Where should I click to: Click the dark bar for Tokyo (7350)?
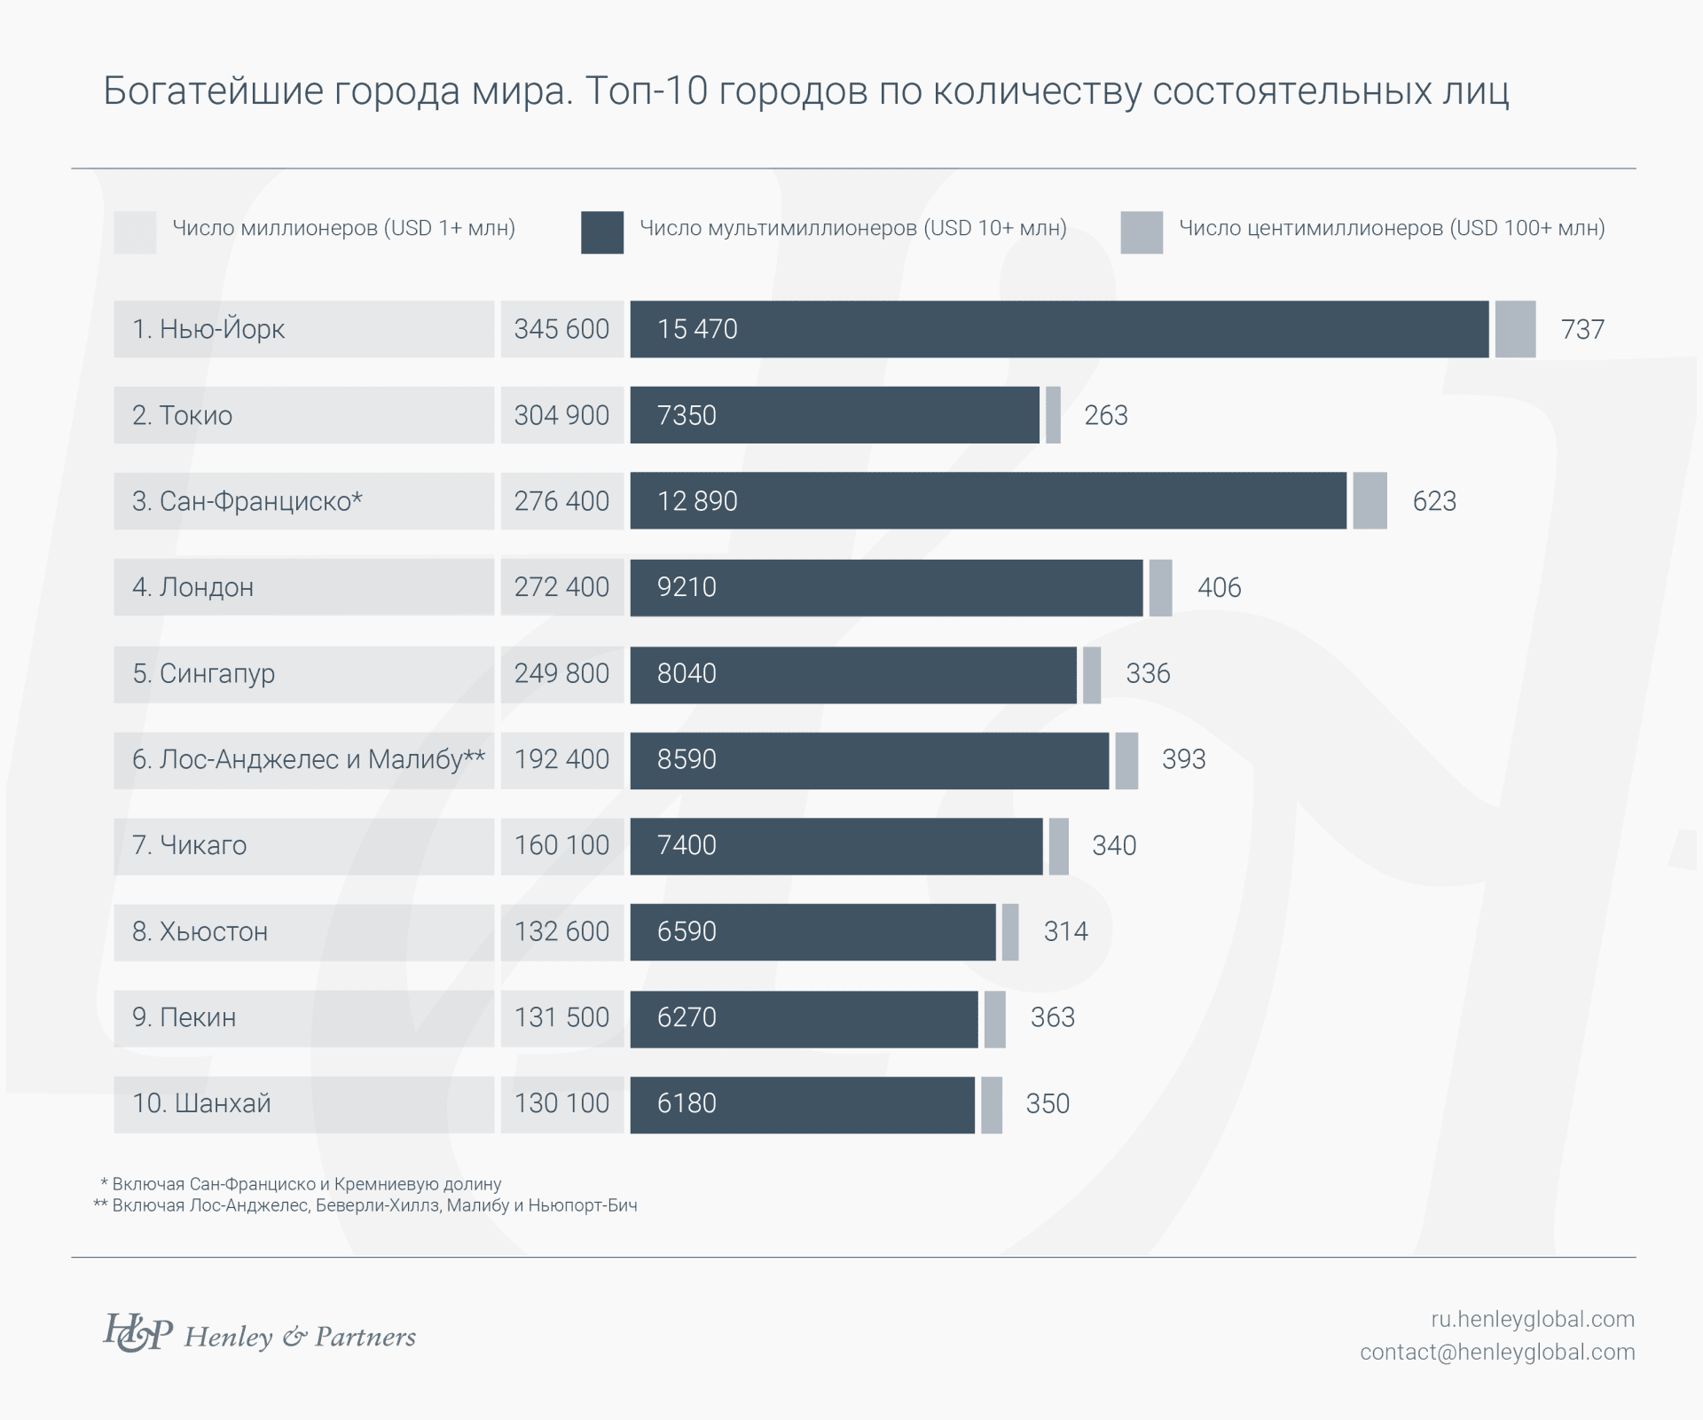(x=834, y=415)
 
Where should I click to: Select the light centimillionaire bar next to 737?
(x=1515, y=329)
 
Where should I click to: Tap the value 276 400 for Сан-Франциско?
(x=561, y=501)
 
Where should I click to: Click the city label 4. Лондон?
(x=193, y=587)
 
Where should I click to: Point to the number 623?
(x=1434, y=501)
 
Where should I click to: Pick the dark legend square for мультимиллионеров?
(x=602, y=232)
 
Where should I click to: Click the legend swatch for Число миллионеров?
(x=135, y=232)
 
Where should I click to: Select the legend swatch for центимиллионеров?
(x=1142, y=232)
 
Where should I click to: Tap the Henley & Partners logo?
(x=260, y=1334)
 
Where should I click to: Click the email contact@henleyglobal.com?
(x=1497, y=1352)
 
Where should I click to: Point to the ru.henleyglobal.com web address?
(x=1532, y=1319)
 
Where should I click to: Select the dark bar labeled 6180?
(x=802, y=1104)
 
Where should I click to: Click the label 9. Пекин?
(x=184, y=1017)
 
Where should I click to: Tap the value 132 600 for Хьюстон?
(x=561, y=931)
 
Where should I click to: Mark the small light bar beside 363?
(x=994, y=1019)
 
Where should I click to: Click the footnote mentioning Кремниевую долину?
(x=302, y=1184)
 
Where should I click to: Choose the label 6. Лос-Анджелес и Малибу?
(x=308, y=760)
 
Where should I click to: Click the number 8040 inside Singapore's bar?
(x=687, y=674)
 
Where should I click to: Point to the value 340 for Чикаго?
(x=1114, y=846)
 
